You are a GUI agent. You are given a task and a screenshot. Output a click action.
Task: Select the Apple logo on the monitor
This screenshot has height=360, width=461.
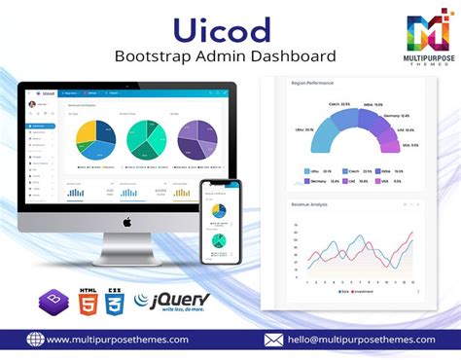[x=127, y=223]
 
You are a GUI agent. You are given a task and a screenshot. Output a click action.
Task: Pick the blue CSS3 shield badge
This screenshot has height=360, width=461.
[x=114, y=299]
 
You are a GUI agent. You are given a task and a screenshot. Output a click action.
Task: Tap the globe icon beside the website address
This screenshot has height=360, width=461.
[x=35, y=340]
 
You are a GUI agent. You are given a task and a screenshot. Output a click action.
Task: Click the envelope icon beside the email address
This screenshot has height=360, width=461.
[x=273, y=340]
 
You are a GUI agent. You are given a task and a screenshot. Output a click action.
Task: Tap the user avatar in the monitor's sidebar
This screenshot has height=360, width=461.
[x=32, y=103]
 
